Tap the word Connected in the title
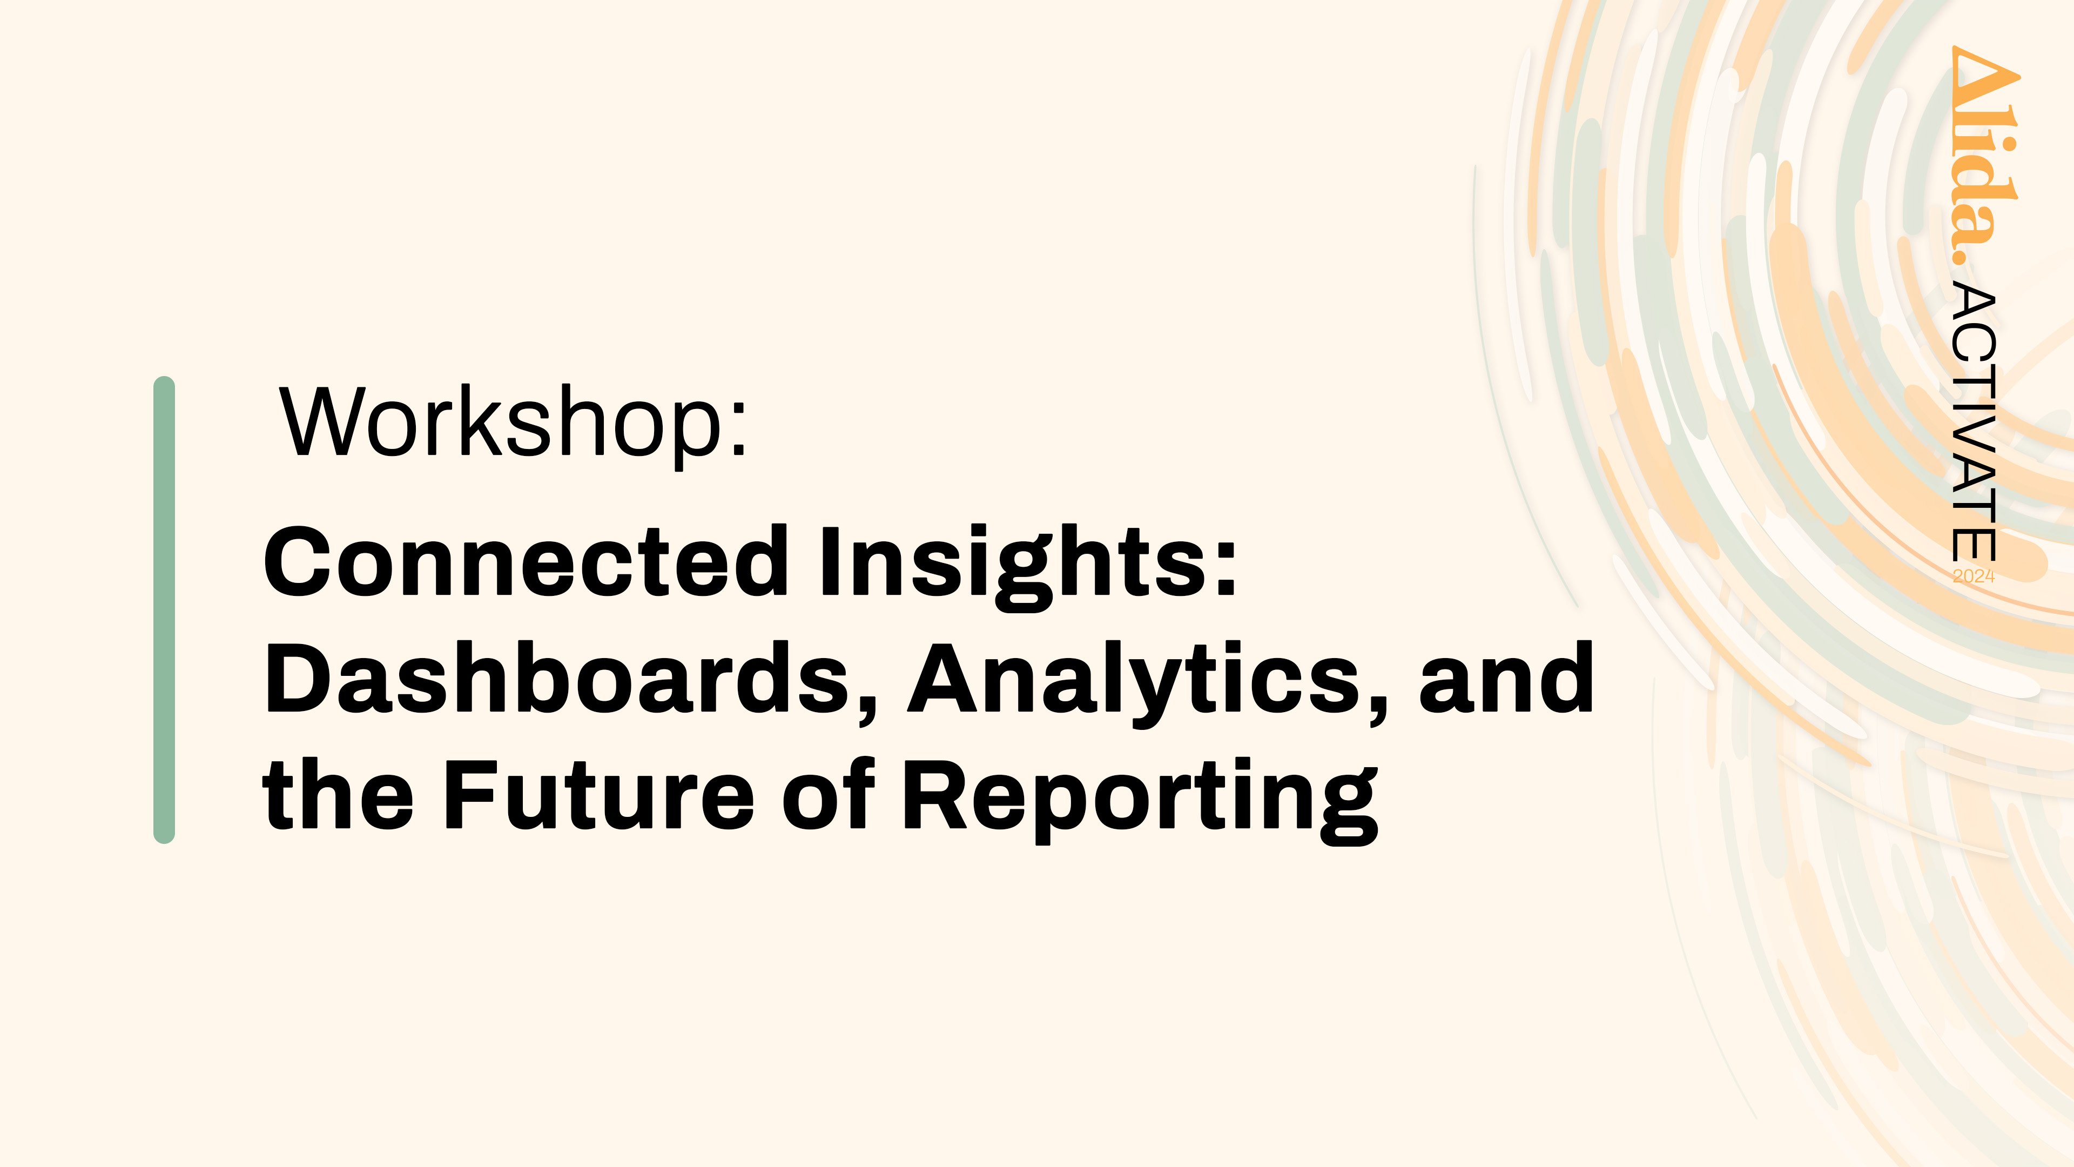[526, 561]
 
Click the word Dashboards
[556, 679]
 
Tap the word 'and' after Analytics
[1506, 679]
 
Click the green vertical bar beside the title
[164, 609]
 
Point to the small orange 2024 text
[1974, 576]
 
